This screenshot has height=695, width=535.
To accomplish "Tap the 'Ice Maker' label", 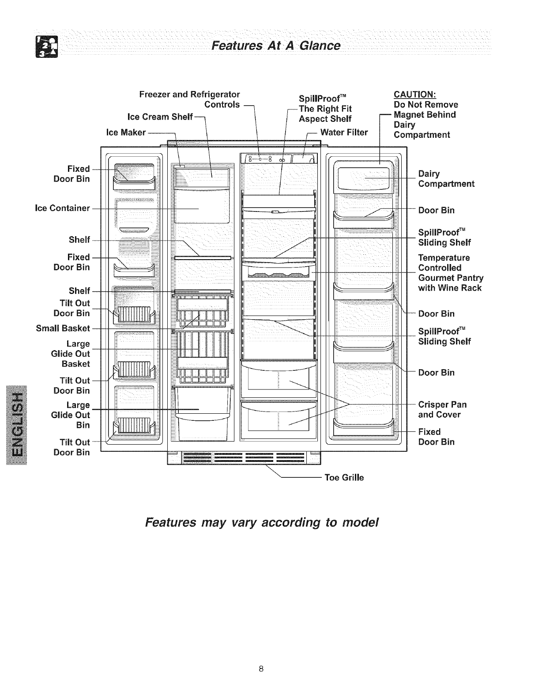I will (x=126, y=132).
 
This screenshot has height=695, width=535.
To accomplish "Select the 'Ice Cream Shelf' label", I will (x=160, y=117).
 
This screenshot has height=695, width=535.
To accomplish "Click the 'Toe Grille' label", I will (x=344, y=477).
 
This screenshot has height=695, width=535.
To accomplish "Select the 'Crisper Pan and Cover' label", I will (x=442, y=409).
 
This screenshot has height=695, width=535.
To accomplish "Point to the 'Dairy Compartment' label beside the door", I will (x=446, y=179).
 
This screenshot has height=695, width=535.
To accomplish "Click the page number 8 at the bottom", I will (x=261, y=669).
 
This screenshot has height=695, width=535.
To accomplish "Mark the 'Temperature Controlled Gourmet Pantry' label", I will (x=450, y=273).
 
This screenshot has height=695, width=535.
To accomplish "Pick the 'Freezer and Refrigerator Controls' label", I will (x=190, y=99).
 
